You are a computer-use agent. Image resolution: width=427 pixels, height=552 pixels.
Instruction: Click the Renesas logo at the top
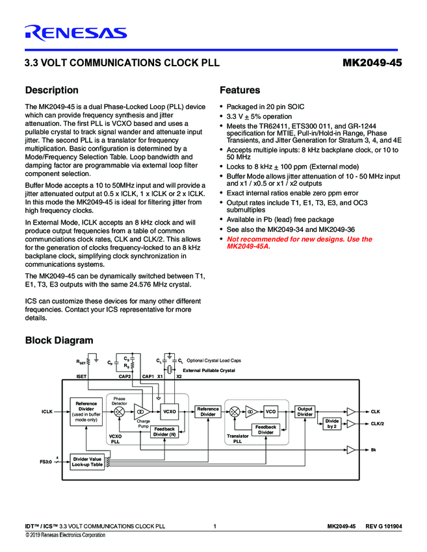[x=75, y=33]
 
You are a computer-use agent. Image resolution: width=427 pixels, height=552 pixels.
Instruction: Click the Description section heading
[x=51, y=90]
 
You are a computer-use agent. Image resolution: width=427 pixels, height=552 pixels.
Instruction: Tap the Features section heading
[x=240, y=90]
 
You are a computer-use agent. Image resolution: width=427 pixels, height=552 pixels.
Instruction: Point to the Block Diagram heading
[x=59, y=340]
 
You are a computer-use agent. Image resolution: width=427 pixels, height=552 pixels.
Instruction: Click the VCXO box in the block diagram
[x=170, y=411]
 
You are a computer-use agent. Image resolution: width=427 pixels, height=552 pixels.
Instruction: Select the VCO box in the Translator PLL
[x=271, y=411]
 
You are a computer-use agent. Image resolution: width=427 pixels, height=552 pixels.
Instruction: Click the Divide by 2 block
[x=332, y=423]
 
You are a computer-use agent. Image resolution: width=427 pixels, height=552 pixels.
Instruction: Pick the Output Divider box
[x=305, y=411]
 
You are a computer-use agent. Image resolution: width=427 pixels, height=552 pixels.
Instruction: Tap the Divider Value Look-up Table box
[x=88, y=462]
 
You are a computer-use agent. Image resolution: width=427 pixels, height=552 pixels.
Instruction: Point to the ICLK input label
[x=47, y=411]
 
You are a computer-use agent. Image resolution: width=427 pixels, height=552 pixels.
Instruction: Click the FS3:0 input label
[x=45, y=462]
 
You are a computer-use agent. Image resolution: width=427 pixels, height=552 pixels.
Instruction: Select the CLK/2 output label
[x=378, y=424]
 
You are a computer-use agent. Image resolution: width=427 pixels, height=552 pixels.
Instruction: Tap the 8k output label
[x=374, y=449]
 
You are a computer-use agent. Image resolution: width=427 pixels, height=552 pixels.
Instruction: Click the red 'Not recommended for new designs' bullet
[x=299, y=243]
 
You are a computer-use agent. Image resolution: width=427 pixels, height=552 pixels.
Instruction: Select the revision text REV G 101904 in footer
[x=384, y=525]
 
